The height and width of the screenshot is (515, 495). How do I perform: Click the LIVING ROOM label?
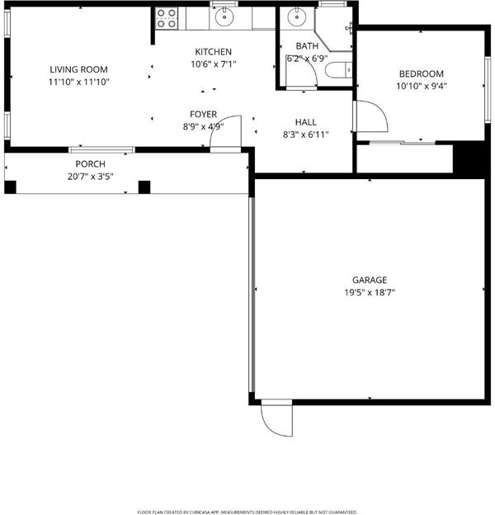tap(78, 69)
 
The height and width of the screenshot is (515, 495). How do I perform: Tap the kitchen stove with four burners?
tap(167, 18)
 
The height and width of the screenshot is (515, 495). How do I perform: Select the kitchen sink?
tap(224, 17)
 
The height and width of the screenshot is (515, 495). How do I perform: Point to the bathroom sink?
tap(297, 17)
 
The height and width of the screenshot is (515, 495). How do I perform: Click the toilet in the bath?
tap(338, 70)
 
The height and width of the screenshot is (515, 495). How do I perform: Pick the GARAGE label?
tap(370, 280)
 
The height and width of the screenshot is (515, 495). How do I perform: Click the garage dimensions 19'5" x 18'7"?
tap(370, 292)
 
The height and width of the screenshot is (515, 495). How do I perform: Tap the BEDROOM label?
tap(421, 73)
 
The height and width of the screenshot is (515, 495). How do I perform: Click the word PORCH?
tap(90, 164)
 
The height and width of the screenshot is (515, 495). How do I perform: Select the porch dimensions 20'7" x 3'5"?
tap(90, 177)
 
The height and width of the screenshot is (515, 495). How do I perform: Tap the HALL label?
tap(305, 122)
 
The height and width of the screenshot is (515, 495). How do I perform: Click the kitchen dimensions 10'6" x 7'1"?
tap(214, 64)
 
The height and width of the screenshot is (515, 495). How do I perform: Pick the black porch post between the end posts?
tap(144, 187)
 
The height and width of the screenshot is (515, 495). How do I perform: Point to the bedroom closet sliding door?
tap(403, 143)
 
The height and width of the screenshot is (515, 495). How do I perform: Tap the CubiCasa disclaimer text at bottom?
tap(247, 512)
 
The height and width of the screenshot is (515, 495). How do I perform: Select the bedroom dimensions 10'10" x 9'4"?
tap(422, 86)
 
